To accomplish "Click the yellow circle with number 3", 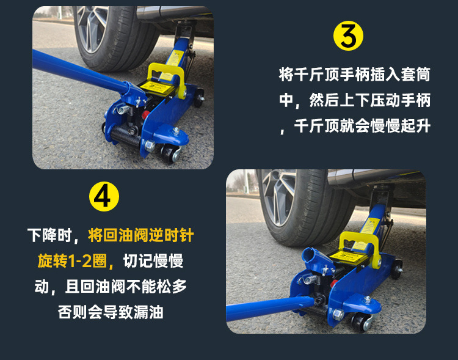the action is (x=348, y=35).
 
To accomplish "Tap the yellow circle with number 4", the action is (x=104, y=197).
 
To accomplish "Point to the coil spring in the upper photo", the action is (x=123, y=109).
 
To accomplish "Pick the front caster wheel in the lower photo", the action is (x=360, y=321).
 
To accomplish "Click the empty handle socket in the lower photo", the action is (x=313, y=257).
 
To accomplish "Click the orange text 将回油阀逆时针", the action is (x=141, y=235).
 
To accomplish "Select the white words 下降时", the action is (x=49, y=235).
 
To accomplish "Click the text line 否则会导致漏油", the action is (x=111, y=312).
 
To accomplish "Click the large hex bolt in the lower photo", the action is (x=338, y=315).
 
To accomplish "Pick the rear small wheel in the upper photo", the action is (x=199, y=97).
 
